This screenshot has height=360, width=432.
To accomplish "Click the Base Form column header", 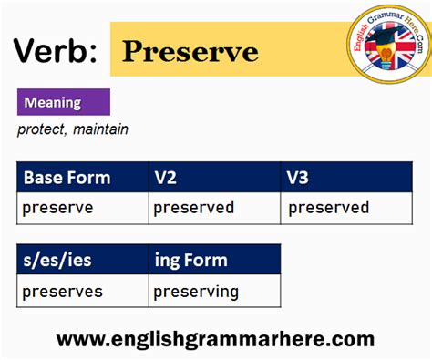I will tap(67, 177).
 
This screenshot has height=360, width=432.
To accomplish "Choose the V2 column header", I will tap(165, 177).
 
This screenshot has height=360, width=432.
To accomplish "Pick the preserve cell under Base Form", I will tap(57, 208).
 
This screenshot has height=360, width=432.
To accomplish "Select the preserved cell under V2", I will tap(193, 208).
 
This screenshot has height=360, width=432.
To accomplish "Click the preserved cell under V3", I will tap(328, 208).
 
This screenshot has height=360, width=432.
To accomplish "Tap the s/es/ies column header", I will tap(57, 261).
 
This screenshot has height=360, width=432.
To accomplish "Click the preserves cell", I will tap(62, 292).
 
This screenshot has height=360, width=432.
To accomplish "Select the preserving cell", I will tap(195, 292).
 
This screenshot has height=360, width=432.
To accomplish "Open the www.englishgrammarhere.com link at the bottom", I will tap(215, 339).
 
